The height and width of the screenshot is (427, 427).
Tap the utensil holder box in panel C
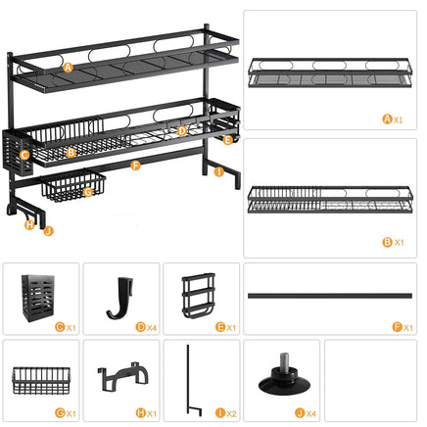click(x=38, y=294)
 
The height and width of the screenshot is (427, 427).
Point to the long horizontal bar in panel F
click(x=330, y=294)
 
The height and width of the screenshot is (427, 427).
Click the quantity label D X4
click(x=143, y=326)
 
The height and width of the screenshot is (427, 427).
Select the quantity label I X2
click(x=224, y=413)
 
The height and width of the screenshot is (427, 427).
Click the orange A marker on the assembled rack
click(x=68, y=68)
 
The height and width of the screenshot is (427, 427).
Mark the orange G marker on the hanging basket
click(x=88, y=192)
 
